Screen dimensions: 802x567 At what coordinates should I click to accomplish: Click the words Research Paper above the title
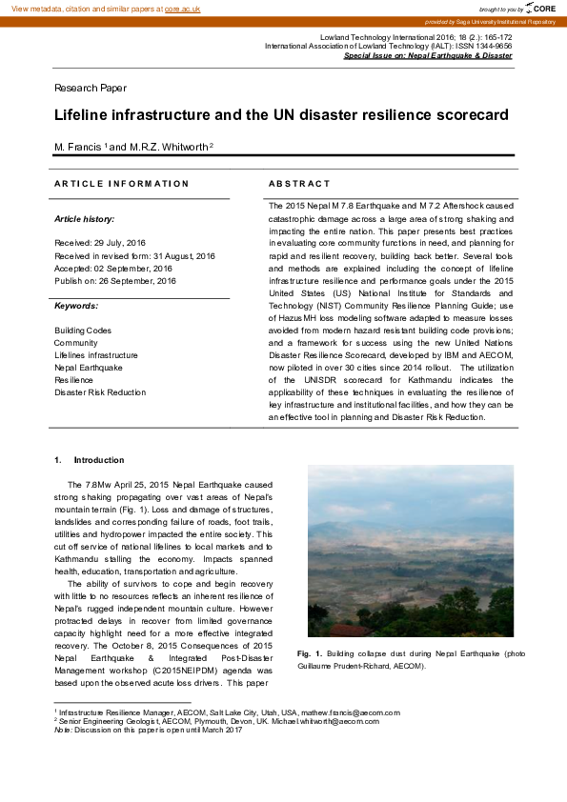coord(90,89)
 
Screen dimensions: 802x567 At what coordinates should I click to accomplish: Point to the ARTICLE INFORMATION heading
coord(121,183)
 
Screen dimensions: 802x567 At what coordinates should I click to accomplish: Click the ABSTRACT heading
coord(299,183)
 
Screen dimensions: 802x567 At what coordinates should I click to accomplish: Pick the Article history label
coord(84,219)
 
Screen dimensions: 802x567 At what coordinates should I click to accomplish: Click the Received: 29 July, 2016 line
coord(114,244)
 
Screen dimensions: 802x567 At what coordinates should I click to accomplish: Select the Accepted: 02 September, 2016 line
coord(113,269)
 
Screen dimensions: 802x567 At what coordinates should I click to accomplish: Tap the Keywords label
coord(76,306)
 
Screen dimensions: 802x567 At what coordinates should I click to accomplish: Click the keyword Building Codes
coord(83,331)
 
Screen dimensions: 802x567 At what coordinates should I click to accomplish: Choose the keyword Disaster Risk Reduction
coord(100,392)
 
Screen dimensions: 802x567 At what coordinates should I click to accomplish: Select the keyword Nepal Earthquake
coord(89,368)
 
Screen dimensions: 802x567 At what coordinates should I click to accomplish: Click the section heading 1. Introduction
coord(90,460)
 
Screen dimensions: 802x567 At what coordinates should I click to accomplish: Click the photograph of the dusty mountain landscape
coord(411,551)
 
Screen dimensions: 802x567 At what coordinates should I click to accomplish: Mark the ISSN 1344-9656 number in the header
coord(485,46)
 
